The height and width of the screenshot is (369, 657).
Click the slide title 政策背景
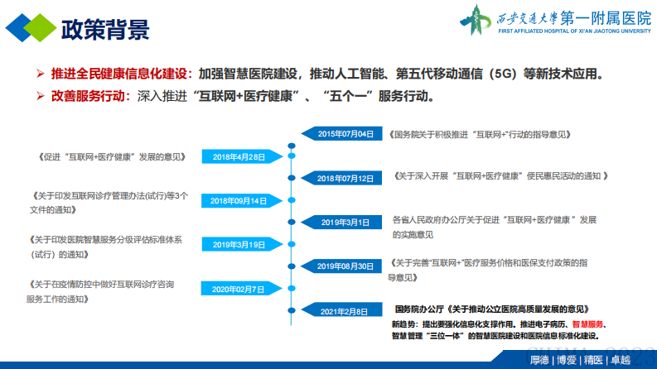pos(105,29)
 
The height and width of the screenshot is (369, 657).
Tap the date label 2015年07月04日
pos(345,133)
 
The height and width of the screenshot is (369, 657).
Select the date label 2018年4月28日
pos(239,156)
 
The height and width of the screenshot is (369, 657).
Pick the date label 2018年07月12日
pos(345,178)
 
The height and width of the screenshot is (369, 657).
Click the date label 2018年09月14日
pos(239,201)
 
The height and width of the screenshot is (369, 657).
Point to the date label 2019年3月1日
pos(345,223)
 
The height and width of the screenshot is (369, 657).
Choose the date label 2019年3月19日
pos(239,245)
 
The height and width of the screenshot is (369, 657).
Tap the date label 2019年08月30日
pos(345,266)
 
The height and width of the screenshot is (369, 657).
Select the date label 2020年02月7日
pos(239,290)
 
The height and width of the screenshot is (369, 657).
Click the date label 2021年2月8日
pos(345,311)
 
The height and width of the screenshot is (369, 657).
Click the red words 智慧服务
pos(587,323)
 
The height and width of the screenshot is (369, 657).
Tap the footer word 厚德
pos(539,360)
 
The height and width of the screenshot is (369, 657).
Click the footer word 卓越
pos(620,360)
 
